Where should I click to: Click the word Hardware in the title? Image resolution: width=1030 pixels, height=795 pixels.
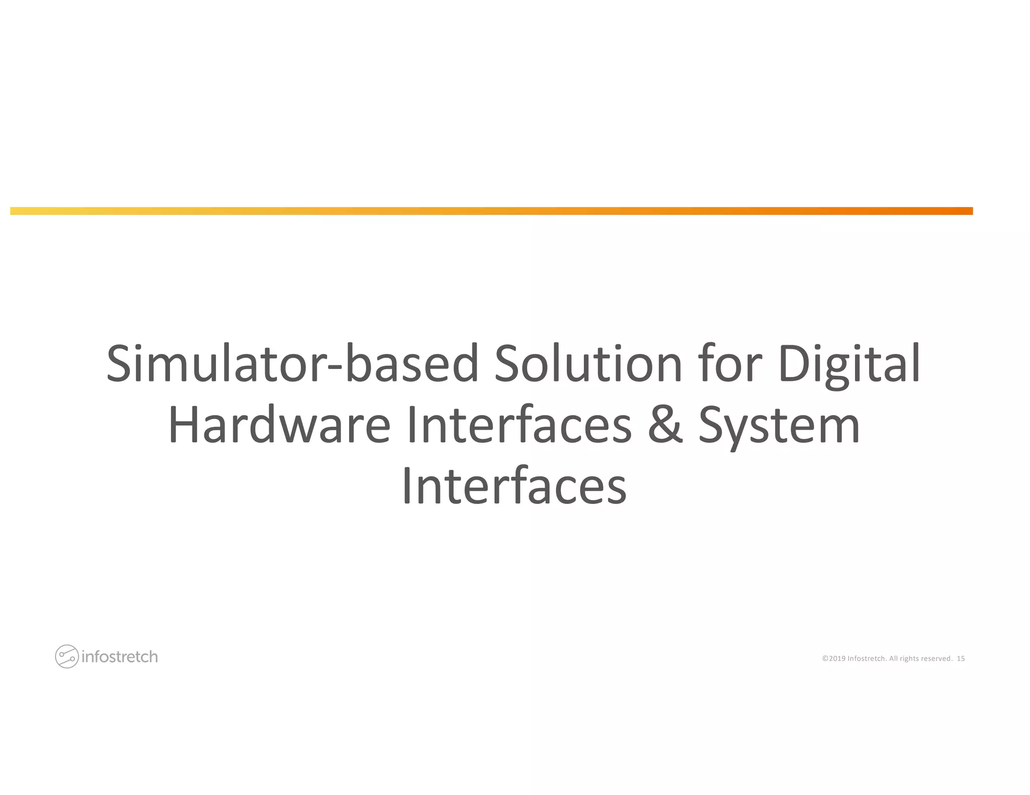279,425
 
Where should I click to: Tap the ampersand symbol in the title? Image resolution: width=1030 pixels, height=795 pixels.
665,425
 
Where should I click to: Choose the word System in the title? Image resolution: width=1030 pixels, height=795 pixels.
779,426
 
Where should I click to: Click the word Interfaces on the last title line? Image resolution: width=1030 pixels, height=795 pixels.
514,486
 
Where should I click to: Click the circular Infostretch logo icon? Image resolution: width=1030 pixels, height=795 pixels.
66,656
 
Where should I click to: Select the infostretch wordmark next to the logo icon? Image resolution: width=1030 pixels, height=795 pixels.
120,657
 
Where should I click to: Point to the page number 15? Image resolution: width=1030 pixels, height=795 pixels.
961,658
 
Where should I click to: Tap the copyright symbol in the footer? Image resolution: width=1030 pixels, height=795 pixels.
825,658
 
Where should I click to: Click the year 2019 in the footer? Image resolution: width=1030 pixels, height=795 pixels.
837,658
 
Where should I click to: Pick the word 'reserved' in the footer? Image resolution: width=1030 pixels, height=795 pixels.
936,658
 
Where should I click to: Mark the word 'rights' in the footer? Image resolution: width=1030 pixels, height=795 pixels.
909,658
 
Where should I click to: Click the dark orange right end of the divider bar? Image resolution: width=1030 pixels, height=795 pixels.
963,211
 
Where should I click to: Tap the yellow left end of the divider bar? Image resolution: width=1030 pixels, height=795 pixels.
20,211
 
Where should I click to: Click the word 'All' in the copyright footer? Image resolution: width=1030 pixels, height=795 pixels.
893,658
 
